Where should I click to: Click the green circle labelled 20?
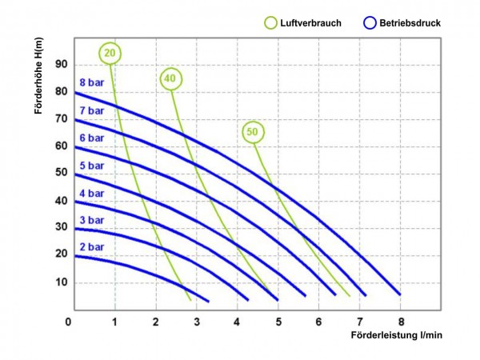point(111,53)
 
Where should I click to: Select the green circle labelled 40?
point(170,78)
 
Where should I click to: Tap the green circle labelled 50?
point(253,131)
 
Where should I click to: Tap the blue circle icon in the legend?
point(370,23)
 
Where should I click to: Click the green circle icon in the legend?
point(272,23)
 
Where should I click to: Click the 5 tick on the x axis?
point(277,322)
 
